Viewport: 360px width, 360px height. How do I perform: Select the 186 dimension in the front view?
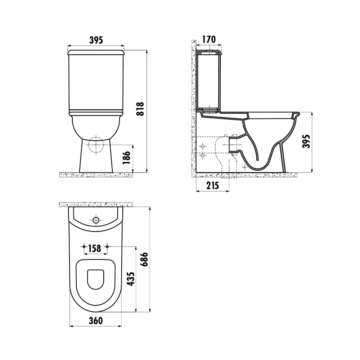click(x=126, y=158)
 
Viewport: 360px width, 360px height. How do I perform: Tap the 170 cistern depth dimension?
click(x=209, y=40)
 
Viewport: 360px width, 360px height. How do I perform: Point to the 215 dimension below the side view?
click(x=213, y=186)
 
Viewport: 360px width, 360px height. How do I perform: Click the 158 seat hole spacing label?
click(x=95, y=248)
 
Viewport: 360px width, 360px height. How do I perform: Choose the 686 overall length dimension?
click(x=144, y=259)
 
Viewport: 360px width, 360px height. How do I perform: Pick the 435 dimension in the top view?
click(x=131, y=279)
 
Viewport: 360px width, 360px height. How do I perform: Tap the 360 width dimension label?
click(x=96, y=321)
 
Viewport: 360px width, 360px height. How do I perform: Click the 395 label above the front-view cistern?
click(x=96, y=40)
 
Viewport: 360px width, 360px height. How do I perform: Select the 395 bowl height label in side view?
click(x=306, y=141)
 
